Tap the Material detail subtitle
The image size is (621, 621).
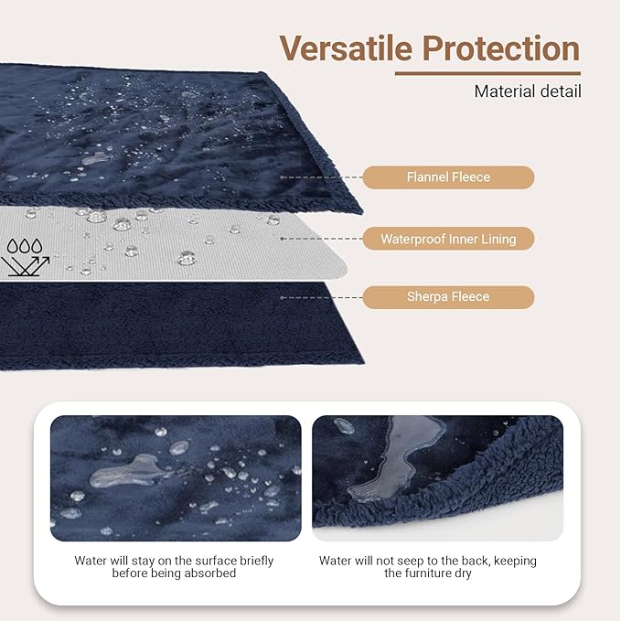[528, 91]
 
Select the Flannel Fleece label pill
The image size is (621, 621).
[448, 177]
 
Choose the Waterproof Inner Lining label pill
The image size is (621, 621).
[448, 239]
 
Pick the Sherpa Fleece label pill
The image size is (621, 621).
[448, 296]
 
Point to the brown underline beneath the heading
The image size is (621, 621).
[487, 74]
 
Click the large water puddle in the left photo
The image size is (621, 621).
[124, 473]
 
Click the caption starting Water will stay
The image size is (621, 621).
[174, 567]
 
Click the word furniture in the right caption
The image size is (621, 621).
[443, 573]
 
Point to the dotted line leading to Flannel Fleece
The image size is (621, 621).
[320, 177]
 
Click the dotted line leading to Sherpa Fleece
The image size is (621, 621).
[320, 296]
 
